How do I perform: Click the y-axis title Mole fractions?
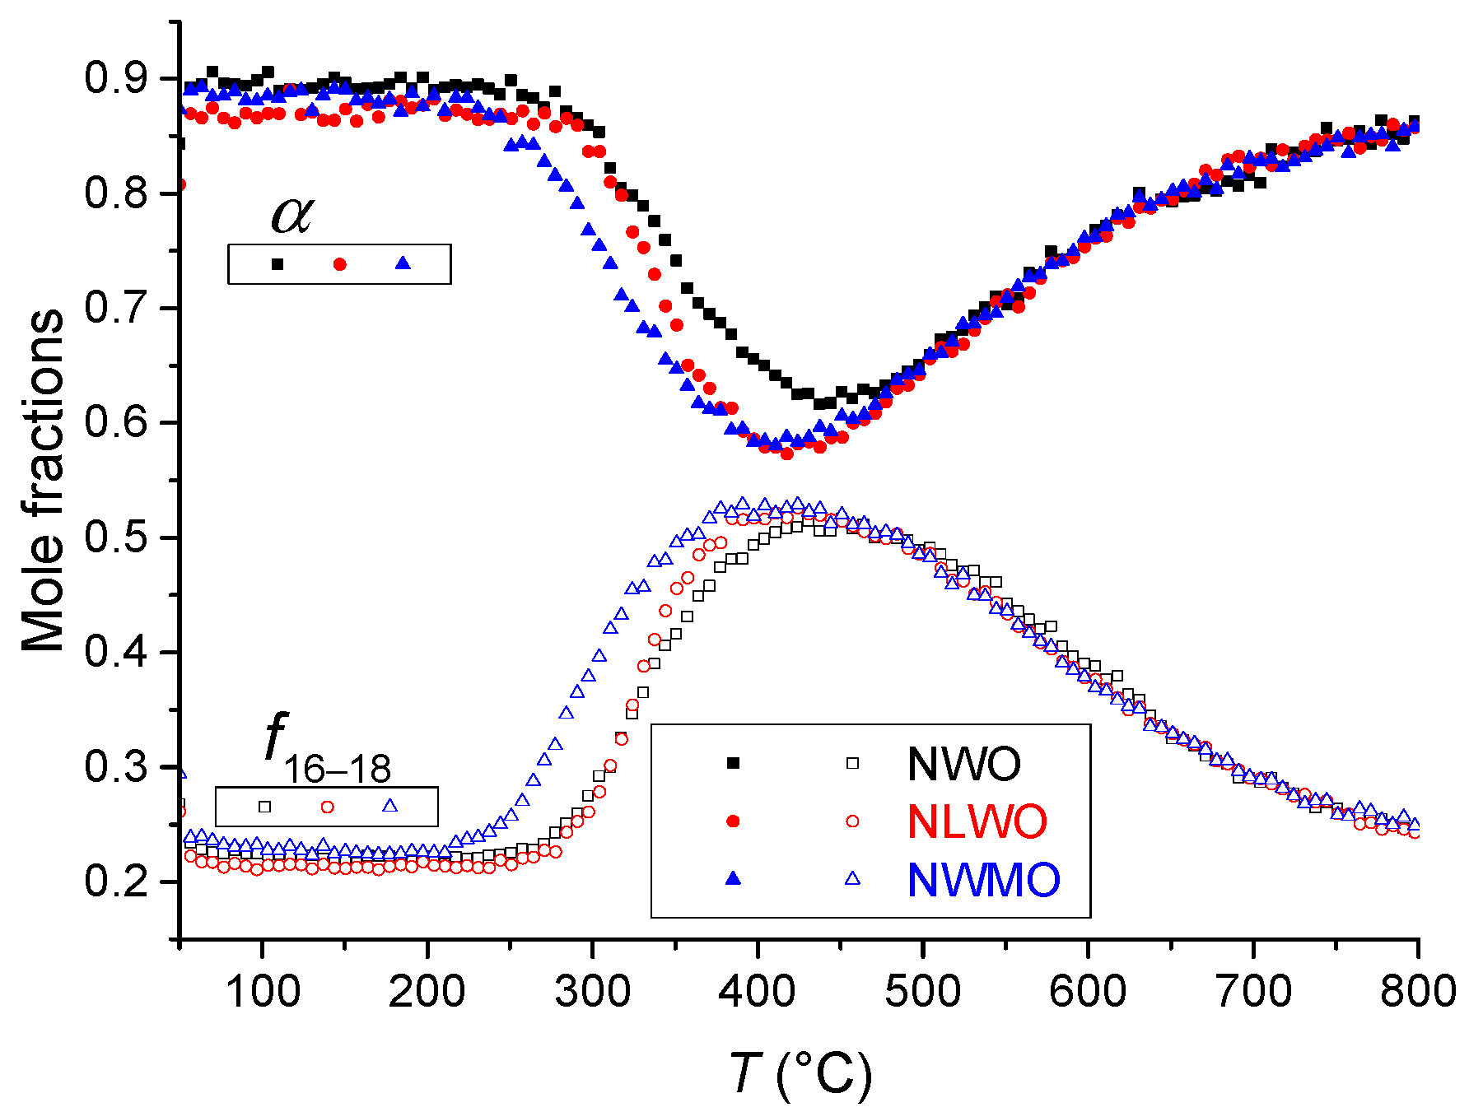(43, 481)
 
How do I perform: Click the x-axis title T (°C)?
(800, 1075)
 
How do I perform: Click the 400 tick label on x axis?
(758, 990)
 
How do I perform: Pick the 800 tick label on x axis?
(1418, 990)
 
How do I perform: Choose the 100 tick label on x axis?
(262, 990)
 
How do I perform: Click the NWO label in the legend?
(963, 764)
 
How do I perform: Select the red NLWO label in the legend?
(977, 821)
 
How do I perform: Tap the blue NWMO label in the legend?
(983, 879)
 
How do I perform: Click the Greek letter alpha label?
(291, 214)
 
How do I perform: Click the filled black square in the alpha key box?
(277, 264)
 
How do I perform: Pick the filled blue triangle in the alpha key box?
(403, 263)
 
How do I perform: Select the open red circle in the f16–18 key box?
(327, 807)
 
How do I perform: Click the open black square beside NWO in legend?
(852, 763)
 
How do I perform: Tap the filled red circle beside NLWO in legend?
(733, 821)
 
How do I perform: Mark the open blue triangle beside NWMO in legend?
(852, 878)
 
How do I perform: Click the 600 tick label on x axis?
(1088, 990)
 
